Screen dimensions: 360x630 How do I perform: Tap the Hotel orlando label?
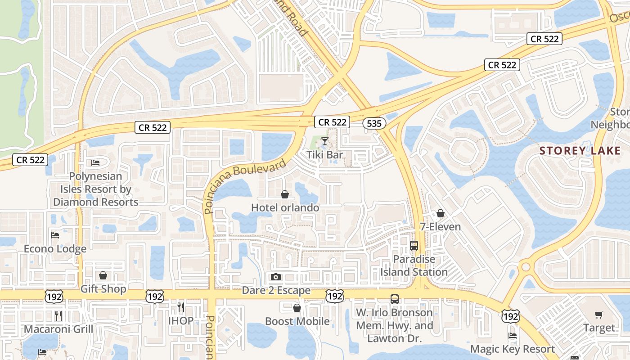click(x=285, y=207)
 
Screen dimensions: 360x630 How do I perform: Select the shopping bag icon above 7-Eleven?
click(x=441, y=213)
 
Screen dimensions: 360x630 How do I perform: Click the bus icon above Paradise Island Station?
click(x=414, y=246)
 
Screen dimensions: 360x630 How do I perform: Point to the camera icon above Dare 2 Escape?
click(x=276, y=277)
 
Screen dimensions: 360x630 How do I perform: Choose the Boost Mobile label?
click(x=297, y=321)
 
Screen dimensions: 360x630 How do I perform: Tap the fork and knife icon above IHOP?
click(x=181, y=307)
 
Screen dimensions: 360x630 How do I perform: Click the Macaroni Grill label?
click(x=58, y=329)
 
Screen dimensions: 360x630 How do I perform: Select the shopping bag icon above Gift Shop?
click(x=103, y=275)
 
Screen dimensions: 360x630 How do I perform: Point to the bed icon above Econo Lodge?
click(x=55, y=235)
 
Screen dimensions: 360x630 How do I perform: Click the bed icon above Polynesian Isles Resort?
click(x=95, y=162)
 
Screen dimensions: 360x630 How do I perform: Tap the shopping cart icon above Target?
click(x=598, y=315)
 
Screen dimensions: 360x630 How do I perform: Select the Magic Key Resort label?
click(x=513, y=349)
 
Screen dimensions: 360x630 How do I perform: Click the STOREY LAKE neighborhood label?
click(x=580, y=151)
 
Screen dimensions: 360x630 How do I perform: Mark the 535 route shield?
click(x=374, y=123)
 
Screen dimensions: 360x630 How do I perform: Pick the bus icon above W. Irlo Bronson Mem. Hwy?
click(x=395, y=299)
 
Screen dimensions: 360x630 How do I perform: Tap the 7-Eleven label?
click(x=440, y=226)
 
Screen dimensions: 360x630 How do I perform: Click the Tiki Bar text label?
click(x=324, y=155)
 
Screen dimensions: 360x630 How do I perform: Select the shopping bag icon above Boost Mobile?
click(x=297, y=308)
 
